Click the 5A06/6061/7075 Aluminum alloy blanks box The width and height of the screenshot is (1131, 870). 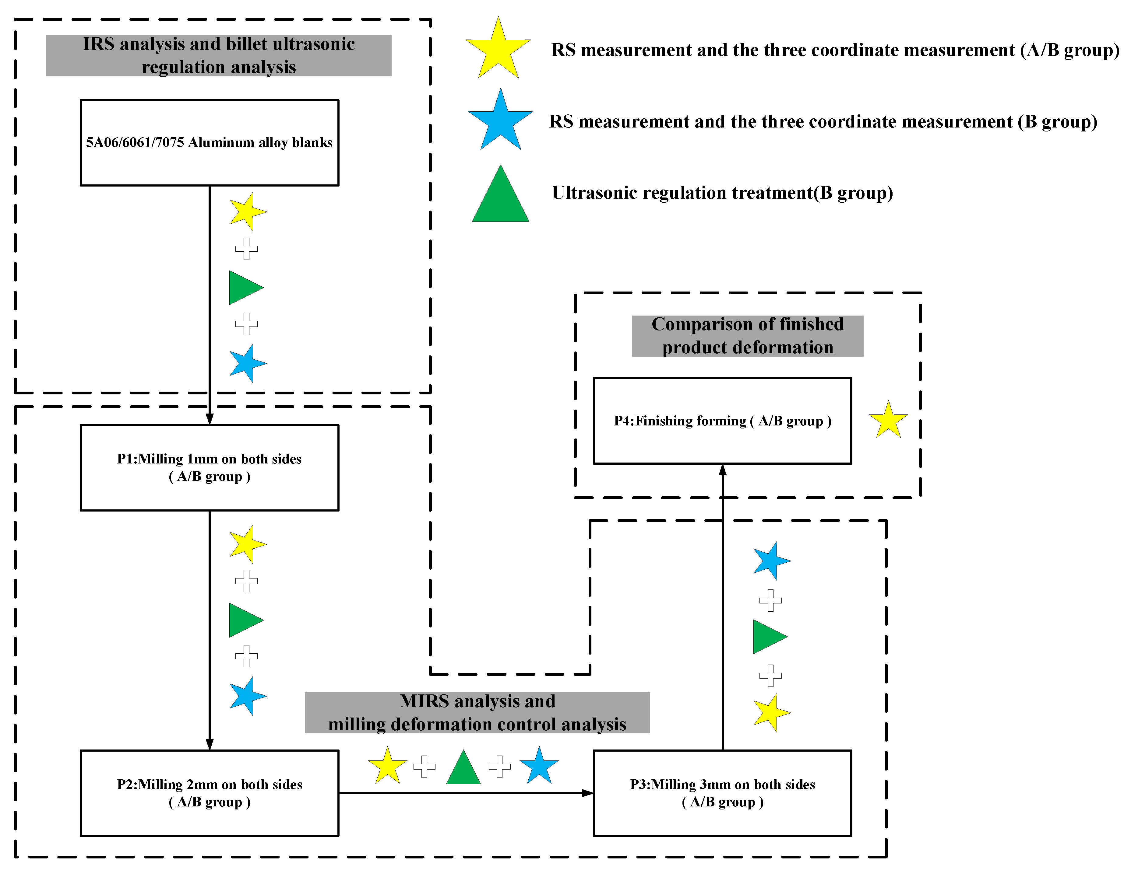point(210,143)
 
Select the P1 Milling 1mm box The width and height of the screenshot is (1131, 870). point(210,468)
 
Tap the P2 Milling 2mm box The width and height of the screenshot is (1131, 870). point(210,793)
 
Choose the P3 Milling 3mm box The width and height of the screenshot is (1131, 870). point(722,793)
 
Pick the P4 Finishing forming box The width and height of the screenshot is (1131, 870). point(722,421)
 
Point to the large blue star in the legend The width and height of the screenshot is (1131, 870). point(500,120)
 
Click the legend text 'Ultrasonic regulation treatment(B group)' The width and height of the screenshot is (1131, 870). point(722,193)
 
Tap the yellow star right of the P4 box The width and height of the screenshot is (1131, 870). point(888,420)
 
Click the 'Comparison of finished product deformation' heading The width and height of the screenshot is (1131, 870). point(747,336)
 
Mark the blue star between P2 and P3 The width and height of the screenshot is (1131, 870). point(539,765)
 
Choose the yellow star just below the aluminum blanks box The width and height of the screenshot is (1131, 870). point(248,212)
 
